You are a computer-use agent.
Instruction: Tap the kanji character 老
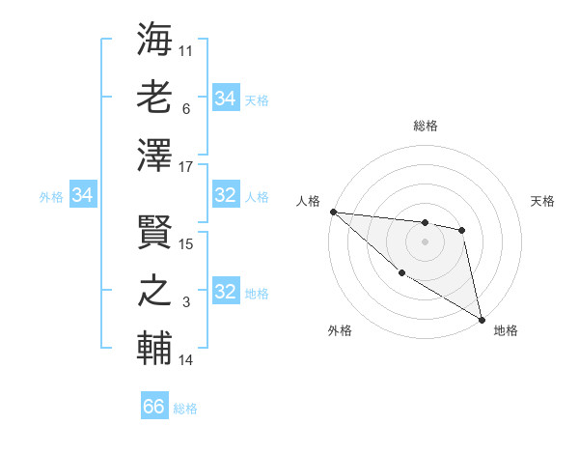[155, 98]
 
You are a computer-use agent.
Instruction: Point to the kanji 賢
[155, 232]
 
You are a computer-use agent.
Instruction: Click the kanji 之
[155, 291]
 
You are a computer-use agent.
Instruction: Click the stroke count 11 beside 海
[186, 49]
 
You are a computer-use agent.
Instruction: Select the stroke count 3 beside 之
[186, 302]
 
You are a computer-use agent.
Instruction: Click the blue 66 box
[154, 407]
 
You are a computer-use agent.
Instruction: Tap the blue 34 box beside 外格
[83, 196]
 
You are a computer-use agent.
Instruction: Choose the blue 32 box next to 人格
[226, 196]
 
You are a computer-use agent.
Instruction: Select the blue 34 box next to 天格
[226, 99]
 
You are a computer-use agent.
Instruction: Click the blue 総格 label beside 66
[185, 409]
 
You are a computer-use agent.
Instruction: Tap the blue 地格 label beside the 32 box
[257, 294]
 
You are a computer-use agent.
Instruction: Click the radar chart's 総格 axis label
[425, 126]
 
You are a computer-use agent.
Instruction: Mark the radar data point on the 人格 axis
[333, 212]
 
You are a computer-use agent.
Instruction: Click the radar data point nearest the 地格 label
[482, 320]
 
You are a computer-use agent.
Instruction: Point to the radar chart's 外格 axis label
[340, 331]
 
